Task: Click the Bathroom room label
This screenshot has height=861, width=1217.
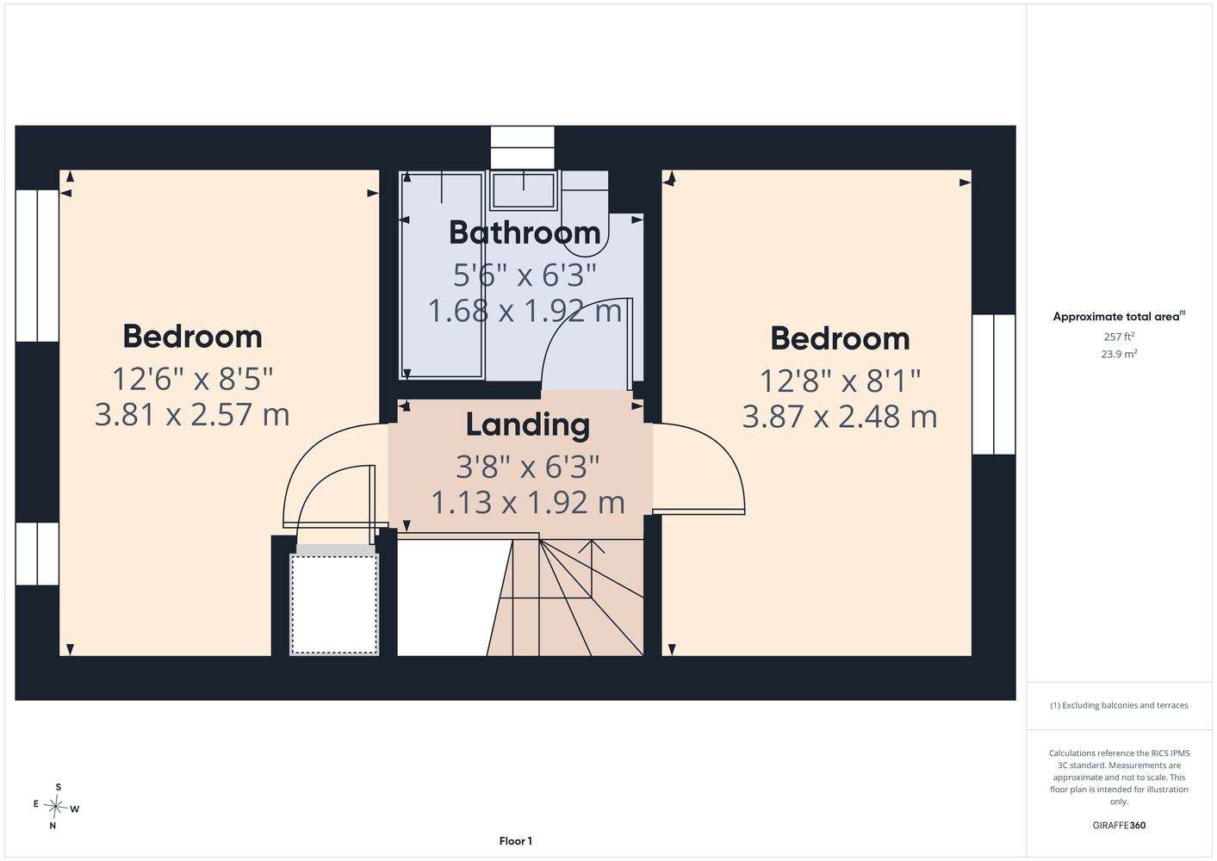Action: pyautogui.click(x=525, y=232)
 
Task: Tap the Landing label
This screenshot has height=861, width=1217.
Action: pyautogui.click(x=528, y=424)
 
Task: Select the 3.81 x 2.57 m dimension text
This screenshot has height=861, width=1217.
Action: pyautogui.click(x=192, y=414)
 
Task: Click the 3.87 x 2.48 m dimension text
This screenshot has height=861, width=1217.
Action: pyautogui.click(x=840, y=417)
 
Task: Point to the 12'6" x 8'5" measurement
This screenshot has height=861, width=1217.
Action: pyautogui.click(x=192, y=379)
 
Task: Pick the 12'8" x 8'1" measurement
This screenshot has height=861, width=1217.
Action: pyautogui.click(x=840, y=381)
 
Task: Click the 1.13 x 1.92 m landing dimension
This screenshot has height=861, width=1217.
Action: pyautogui.click(x=528, y=503)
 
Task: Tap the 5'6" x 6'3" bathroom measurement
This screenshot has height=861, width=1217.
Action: pyautogui.click(x=525, y=275)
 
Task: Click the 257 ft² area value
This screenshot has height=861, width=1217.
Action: pyautogui.click(x=1119, y=337)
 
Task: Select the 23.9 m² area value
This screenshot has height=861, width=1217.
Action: pyautogui.click(x=1119, y=354)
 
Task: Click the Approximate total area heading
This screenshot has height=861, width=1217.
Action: pyautogui.click(x=1119, y=317)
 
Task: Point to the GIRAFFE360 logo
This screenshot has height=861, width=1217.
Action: pyautogui.click(x=1119, y=825)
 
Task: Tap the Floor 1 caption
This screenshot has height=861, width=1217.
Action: pyautogui.click(x=516, y=841)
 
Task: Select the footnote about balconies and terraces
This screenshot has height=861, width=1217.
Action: pyautogui.click(x=1119, y=705)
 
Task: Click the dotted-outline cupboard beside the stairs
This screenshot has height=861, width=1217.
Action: pyautogui.click(x=334, y=604)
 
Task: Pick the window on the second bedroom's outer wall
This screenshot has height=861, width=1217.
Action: pyautogui.click(x=994, y=384)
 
